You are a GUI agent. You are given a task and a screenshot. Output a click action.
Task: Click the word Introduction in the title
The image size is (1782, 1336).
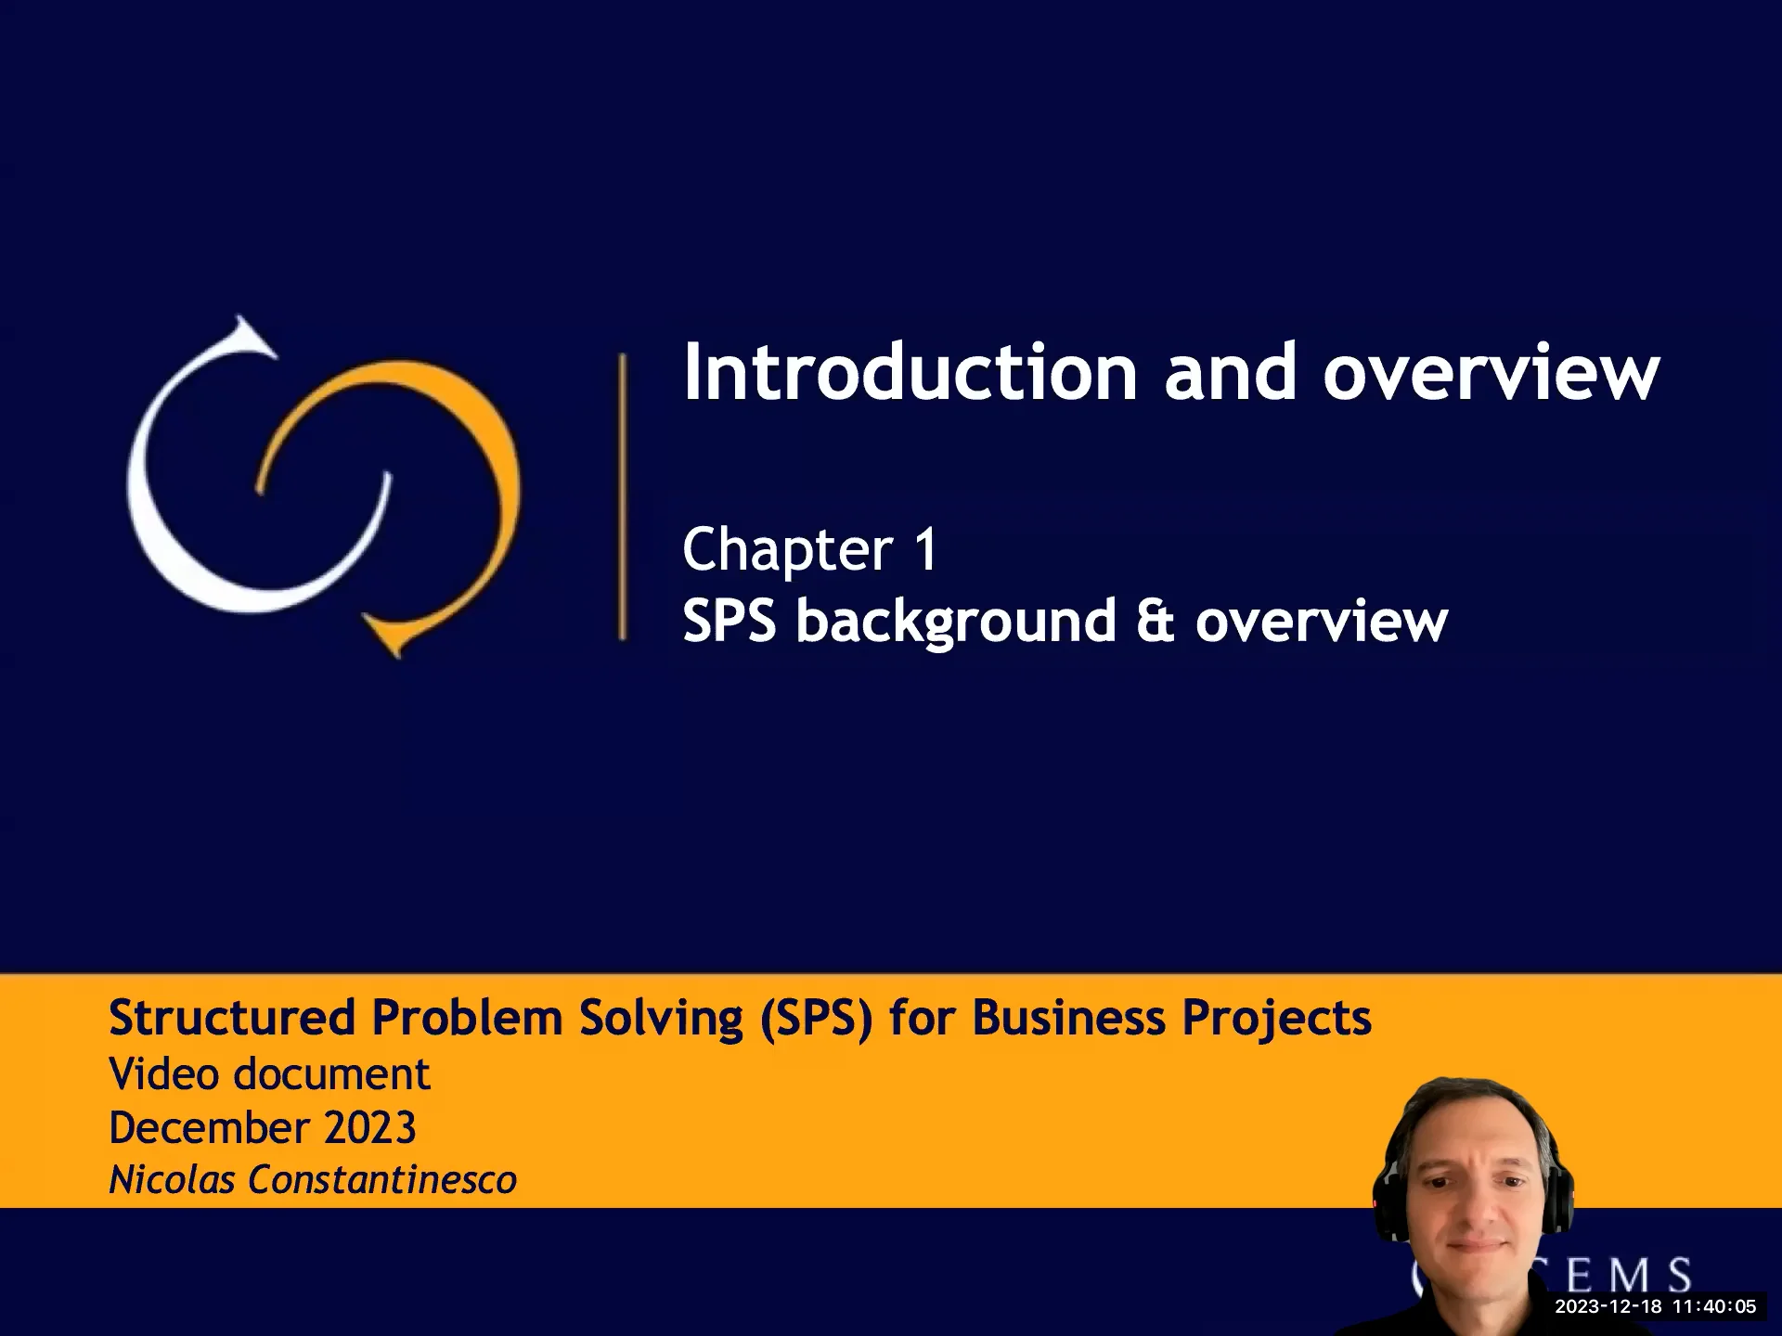[x=910, y=373]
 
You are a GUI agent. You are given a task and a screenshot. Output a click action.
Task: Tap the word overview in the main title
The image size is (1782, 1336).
[x=1491, y=373]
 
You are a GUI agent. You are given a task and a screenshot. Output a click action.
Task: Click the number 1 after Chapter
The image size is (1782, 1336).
[x=926, y=549]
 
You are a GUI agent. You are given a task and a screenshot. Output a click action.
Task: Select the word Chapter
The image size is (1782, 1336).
[x=787, y=549]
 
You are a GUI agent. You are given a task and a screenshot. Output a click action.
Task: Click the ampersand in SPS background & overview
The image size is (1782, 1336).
[x=1155, y=621]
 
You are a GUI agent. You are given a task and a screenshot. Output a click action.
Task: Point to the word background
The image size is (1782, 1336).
[x=956, y=621]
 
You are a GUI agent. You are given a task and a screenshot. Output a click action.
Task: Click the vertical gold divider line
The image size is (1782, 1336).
[x=622, y=496]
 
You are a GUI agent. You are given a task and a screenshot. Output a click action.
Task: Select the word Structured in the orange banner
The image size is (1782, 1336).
[x=232, y=1018]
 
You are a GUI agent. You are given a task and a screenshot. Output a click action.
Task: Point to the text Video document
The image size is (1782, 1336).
[x=269, y=1074]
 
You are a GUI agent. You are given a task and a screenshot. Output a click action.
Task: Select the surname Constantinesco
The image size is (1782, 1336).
[x=381, y=1180]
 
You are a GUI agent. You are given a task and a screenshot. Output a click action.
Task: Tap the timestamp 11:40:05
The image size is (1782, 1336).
[x=1714, y=1307]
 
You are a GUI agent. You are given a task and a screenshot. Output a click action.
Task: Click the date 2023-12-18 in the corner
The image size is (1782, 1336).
[x=1608, y=1307]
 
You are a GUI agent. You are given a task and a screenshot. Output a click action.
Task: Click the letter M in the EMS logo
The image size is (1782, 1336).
[x=1629, y=1277]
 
